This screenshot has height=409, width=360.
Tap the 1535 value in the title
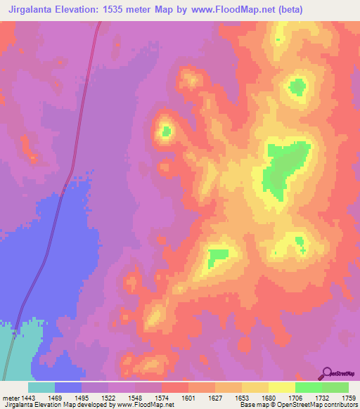[x=122, y=9]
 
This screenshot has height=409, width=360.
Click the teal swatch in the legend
[x=41, y=387]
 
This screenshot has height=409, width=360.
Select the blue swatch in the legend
[x=68, y=387]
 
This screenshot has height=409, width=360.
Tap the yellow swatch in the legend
[x=282, y=387]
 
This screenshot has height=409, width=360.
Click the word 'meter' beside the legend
[x=12, y=398]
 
